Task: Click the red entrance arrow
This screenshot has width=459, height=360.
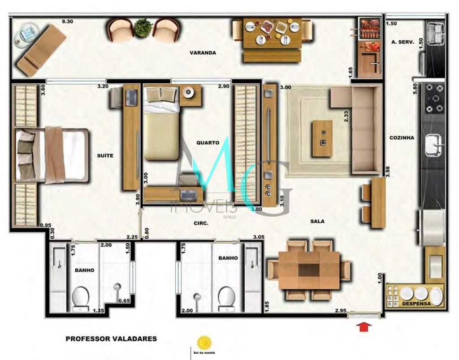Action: point(364,327)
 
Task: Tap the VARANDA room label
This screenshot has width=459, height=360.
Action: point(203,53)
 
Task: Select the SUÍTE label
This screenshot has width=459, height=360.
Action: point(105,156)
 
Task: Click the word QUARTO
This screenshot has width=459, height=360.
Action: point(208,143)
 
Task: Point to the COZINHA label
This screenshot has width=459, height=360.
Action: point(402,138)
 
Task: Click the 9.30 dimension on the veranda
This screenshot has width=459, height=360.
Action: point(68,21)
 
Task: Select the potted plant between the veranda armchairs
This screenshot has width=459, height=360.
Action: point(143,27)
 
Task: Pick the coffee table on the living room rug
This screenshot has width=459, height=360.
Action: point(322,138)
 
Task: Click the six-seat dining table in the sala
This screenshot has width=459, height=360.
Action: point(308,270)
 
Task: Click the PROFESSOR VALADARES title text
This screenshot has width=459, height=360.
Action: point(111,339)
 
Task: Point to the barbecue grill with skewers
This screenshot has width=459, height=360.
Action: point(370,29)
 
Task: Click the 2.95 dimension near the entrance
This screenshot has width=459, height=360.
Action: point(341,310)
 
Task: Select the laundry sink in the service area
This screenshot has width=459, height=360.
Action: point(434,34)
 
